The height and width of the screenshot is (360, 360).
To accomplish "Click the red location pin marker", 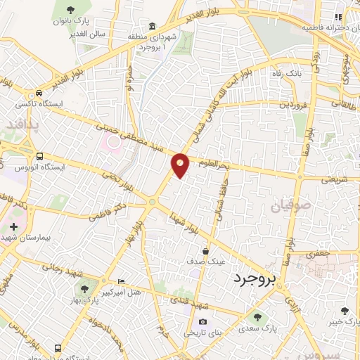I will (181, 165).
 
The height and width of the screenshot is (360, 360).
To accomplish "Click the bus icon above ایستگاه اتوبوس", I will (39, 155).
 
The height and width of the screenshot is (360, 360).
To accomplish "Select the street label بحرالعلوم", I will (213, 165).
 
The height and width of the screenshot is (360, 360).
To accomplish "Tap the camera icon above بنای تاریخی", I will (202, 322).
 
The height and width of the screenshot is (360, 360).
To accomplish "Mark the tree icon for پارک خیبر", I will (344, 311).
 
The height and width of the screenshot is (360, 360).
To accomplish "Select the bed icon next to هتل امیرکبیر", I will (121, 281).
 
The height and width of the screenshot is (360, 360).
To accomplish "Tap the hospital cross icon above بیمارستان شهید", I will (14, 226).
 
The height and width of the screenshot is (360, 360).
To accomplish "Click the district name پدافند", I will (18, 125).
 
